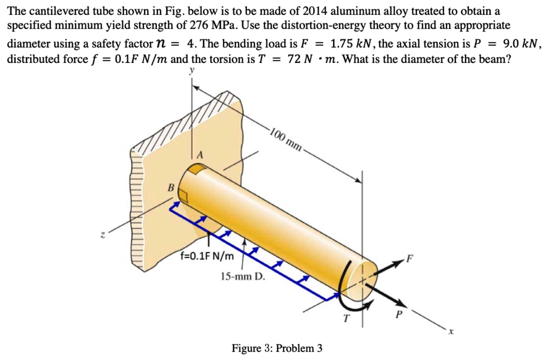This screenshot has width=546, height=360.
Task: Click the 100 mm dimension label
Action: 285,138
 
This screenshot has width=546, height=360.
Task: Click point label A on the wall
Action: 200,155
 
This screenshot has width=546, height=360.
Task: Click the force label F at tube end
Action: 409,260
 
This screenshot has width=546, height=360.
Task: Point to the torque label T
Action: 346,318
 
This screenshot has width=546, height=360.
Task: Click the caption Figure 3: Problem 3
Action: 277,348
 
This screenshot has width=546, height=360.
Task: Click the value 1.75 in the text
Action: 342,43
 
